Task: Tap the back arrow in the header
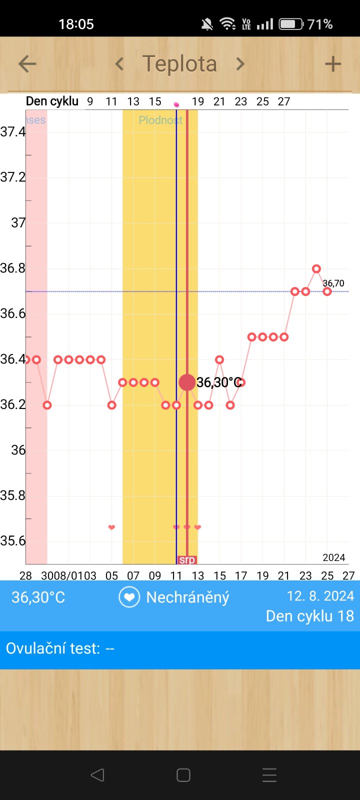(27, 64)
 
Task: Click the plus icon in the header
(332, 64)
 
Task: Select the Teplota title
(179, 64)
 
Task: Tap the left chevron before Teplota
(119, 64)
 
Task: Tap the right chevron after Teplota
(240, 64)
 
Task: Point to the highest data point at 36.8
(316, 269)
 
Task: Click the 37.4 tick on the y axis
(13, 132)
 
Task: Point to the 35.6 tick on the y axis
(13, 541)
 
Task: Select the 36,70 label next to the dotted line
(333, 283)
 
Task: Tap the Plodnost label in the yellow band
(160, 120)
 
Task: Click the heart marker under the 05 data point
(111, 527)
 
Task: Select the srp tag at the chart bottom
(187, 560)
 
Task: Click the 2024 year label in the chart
(333, 557)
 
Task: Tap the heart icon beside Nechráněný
(129, 597)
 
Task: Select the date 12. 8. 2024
(320, 596)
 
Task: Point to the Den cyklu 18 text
(309, 616)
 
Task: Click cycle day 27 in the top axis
(284, 101)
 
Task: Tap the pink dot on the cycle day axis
(176, 104)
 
